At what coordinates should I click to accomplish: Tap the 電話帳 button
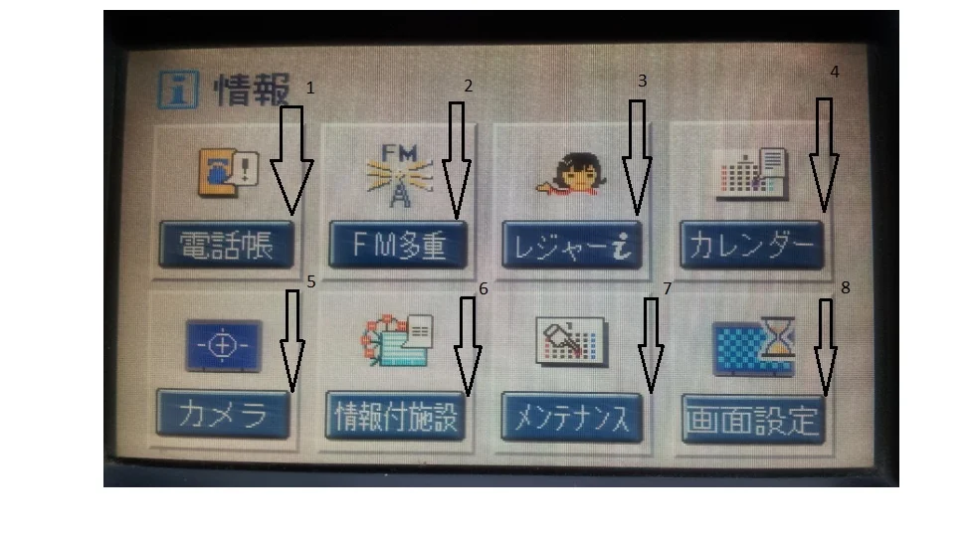click(227, 245)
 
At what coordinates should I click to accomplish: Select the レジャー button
click(572, 246)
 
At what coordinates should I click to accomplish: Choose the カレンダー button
click(752, 246)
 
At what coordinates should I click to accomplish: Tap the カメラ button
click(223, 414)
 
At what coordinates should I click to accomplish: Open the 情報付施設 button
click(395, 416)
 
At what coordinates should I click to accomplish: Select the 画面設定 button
click(753, 420)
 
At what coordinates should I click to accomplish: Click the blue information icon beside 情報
click(178, 90)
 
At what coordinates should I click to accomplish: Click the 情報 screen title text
click(252, 90)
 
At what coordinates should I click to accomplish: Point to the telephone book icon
click(228, 172)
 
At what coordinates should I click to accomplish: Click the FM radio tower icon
click(399, 176)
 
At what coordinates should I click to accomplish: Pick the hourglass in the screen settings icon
click(778, 336)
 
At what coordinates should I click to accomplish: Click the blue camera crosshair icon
click(223, 345)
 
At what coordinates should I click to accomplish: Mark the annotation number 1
click(310, 88)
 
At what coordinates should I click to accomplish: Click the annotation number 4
click(834, 72)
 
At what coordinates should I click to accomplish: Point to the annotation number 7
click(667, 288)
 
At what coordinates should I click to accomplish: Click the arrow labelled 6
click(468, 347)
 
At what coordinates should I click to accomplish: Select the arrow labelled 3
click(637, 158)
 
